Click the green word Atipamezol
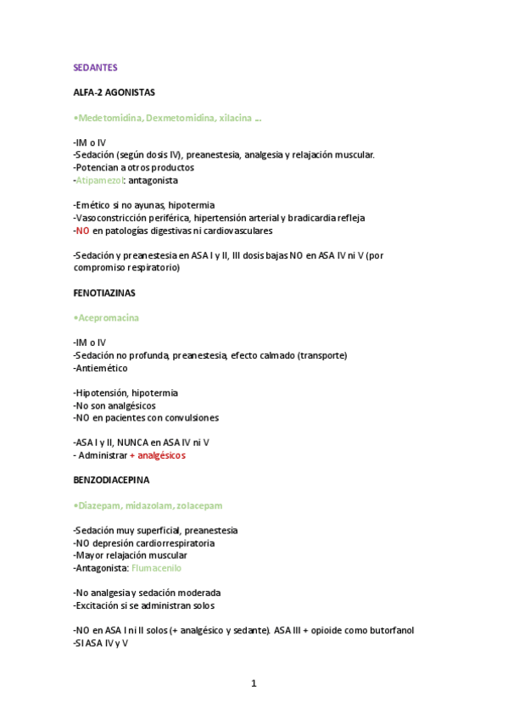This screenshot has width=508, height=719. click(99, 180)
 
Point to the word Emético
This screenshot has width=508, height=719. click(93, 205)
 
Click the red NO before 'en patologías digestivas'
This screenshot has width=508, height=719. click(81, 231)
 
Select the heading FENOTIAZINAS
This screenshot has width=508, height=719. click(105, 293)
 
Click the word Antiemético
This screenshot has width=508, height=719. click(102, 368)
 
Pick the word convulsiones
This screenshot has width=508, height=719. click(191, 418)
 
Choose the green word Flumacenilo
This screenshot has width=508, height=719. click(156, 568)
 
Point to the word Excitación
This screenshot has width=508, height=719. click(101, 605)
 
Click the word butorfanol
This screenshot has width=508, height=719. click(388, 630)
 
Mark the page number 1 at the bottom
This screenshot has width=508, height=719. click(253, 683)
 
